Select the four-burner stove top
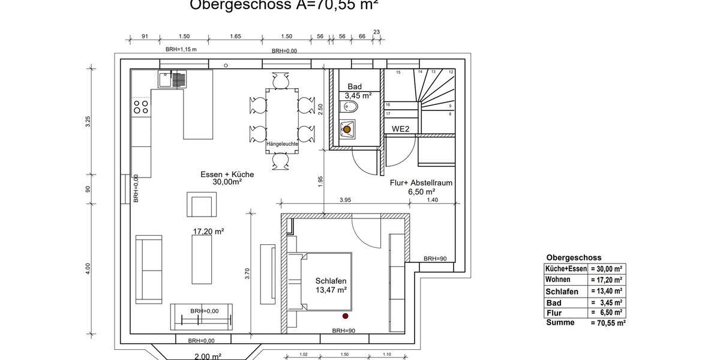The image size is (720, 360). coord(141,107)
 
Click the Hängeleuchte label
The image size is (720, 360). coord(282,144)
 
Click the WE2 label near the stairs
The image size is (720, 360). coord(401,128)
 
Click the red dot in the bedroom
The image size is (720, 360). coord(345,316)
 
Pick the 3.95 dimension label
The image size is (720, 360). coord(345,200)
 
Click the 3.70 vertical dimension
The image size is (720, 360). coord(247,274)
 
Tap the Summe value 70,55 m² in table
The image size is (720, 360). coord(608,323)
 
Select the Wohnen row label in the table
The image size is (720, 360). coord(557,280)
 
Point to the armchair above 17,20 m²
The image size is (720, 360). coord(201,205)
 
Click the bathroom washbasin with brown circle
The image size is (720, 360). coord(347,129)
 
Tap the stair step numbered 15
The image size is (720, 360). coord(398,72)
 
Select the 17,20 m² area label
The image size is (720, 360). coord(208,231)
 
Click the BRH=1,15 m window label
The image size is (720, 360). coord(181,49)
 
